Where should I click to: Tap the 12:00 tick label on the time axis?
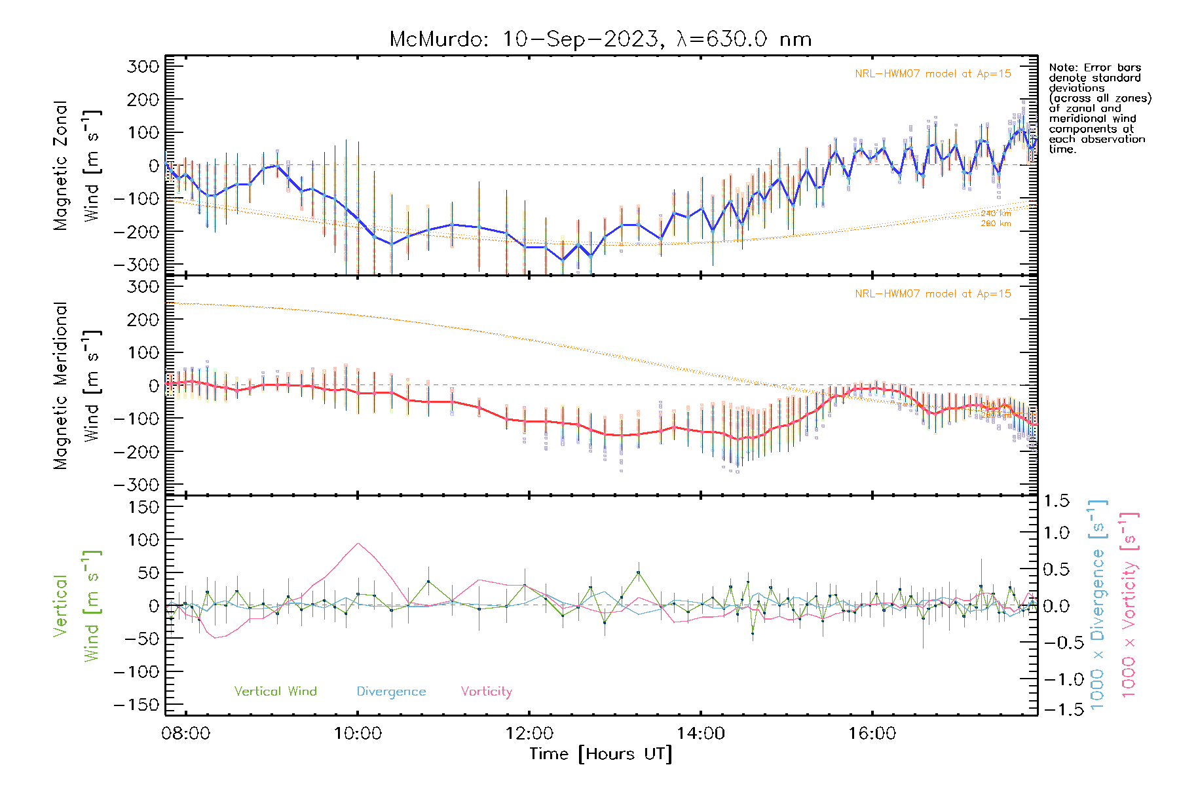pyautogui.click(x=529, y=733)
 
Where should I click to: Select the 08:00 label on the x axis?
pyautogui.click(x=186, y=733)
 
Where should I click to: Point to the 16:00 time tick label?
pyautogui.click(x=872, y=733)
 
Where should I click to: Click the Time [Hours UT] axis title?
pyautogui.click(x=601, y=754)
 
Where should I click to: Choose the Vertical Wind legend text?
pyautogui.click(x=275, y=692)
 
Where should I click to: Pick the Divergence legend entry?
pyautogui.click(x=391, y=692)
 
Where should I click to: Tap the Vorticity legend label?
pyautogui.click(x=486, y=692)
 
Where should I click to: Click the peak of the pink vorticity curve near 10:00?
pyautogui.click(x=358, y=543)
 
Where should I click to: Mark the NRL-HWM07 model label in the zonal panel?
pyautogui.click(x=933, y=74)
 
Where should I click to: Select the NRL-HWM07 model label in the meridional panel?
pyautogui.click(x=933, y=294)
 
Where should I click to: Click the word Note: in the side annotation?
pyautogui.click(x=1063, y=67)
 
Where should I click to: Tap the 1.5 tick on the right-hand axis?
pyautogui.click(x=1056, y=501)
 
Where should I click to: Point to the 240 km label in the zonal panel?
pyautogui.click(x=996, y=214)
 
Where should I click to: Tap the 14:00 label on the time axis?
pyautogui.click(x=701, y=733)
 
